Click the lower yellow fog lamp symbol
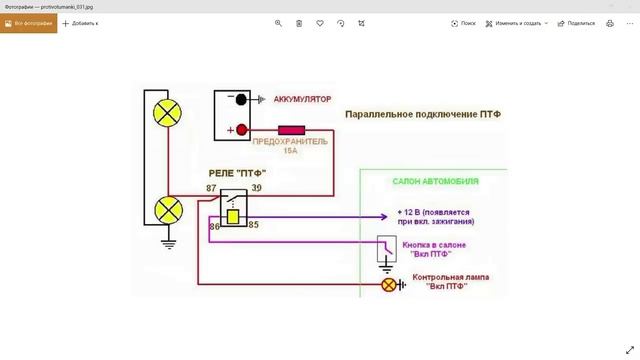tap(164, 211)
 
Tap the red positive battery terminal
tap(241, 130)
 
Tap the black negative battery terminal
tap(241, 100)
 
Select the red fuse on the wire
tap(291, 130)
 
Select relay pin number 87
tap(212, 187)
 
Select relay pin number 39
tap(257, 187)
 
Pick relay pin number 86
tap(214, 227)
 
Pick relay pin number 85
tap(254, 224)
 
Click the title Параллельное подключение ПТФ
tap(422, 115)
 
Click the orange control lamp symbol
tap(389, 285)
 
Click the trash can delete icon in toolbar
tap(299, 22)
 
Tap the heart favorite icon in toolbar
tap(320, 22)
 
